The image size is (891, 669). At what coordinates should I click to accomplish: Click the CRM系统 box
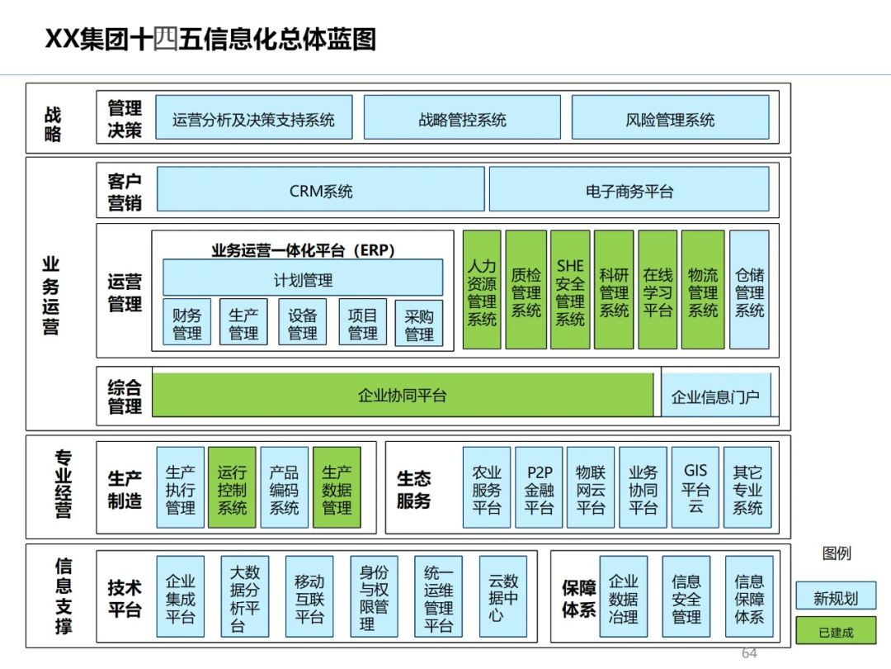tap(320, 190)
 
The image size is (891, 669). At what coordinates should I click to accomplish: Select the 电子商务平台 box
tap(629, 190)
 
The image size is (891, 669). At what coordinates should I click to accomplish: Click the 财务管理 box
tap(187, 323)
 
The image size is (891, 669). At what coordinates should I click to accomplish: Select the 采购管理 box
tap(419, 323)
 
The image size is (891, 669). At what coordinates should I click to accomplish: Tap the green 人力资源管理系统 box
tap(482, 290)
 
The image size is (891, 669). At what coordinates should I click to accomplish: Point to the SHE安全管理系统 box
tap(570, 290)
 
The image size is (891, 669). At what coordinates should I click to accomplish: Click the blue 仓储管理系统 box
tap(749, 290)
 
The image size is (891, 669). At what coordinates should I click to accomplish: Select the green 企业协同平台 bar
tap(403, 395)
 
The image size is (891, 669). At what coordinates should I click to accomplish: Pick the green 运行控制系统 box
tap(232, 488)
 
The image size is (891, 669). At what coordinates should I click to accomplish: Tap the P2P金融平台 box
tap(539, 488)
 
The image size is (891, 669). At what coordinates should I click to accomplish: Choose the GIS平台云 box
tap(695, 488)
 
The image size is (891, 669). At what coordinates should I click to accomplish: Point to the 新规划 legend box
tap(836, 597)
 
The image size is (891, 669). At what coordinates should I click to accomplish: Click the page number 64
tap(749, 653)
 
